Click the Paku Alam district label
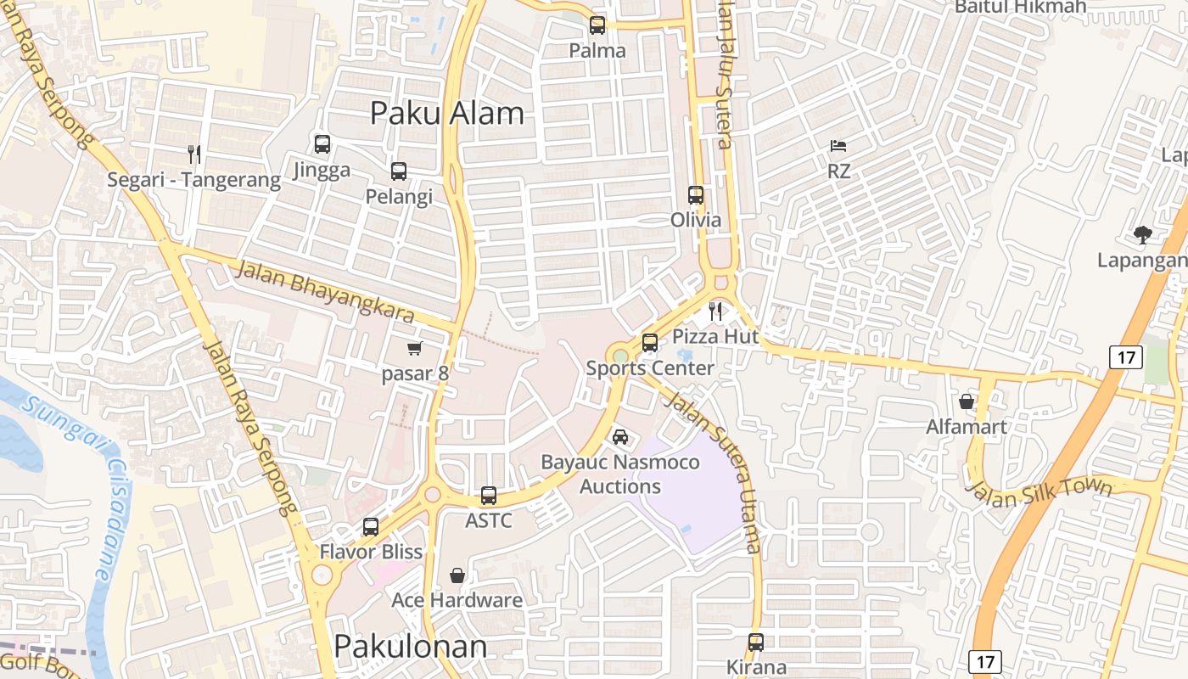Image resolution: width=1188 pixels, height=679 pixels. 447,113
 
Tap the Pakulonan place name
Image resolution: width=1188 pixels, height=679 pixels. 411,647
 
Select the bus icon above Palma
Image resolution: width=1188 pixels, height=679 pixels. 597,25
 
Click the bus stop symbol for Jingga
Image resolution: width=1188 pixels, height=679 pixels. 322,144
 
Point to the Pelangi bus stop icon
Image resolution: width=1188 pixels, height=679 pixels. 399,171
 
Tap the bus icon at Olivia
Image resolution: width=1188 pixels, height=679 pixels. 696,195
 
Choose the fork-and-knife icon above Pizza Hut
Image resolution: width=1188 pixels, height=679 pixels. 715,311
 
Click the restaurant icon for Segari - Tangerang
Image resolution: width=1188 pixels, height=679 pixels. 194,154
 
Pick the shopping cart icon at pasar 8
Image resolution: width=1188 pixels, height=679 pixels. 415,348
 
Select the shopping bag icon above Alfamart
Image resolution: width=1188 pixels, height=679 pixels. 967,401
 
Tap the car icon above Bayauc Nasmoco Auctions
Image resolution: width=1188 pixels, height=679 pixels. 620,437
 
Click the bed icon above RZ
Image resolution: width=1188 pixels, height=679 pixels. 838,146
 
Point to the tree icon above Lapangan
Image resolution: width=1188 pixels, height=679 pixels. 1143,235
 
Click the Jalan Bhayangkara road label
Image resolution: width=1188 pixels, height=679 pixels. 324,292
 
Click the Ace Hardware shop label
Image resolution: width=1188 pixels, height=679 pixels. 457,600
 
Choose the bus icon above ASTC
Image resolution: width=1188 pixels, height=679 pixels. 489,495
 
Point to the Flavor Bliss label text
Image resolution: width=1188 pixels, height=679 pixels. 371,552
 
